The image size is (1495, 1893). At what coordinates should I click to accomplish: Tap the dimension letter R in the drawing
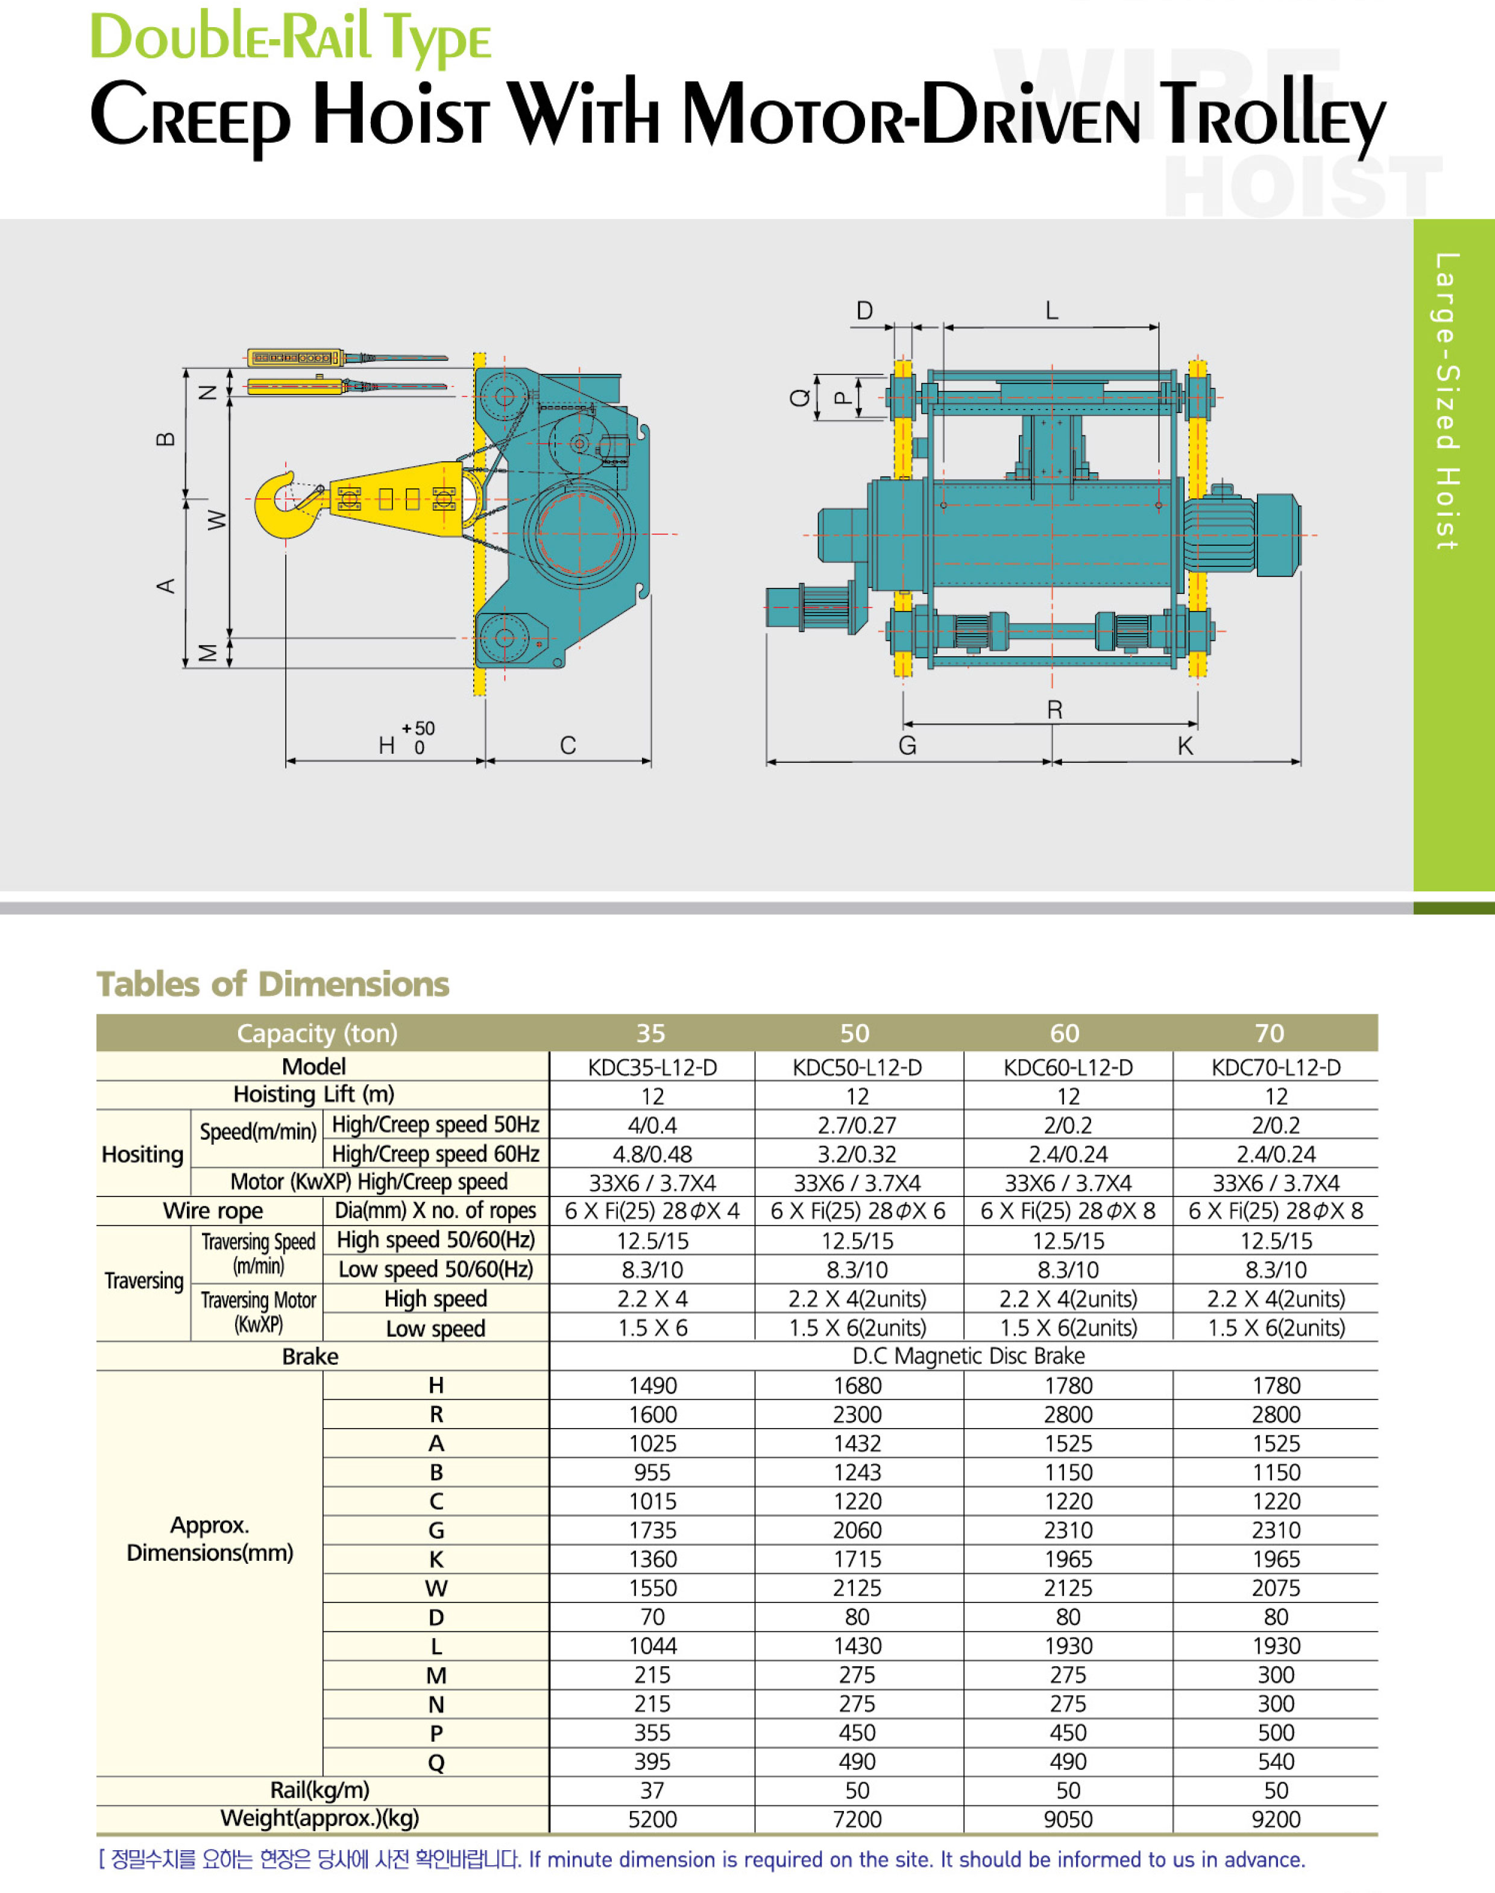coord(1055,709)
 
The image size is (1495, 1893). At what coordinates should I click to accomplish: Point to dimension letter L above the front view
coord(1052,310)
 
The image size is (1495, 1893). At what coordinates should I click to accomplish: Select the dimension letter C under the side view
coord(568,745)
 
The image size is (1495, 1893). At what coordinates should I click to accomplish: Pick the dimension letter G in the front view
coord(908,746)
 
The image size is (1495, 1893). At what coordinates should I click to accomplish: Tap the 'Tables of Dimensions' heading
coord(273,984)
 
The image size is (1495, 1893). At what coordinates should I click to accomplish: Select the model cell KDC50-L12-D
coord(857,1067)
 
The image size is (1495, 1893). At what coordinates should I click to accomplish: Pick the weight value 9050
coord(1068,1819)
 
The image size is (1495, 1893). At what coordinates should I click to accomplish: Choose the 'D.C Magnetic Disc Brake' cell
coord(968,1356)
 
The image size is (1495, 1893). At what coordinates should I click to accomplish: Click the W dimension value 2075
coord(1276,1588)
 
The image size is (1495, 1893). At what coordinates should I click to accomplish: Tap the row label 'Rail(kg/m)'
coord(319,1790)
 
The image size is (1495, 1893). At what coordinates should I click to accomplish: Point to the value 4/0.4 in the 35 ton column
coord(652,1125)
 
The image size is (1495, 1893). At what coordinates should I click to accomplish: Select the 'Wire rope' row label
coord(213,1211)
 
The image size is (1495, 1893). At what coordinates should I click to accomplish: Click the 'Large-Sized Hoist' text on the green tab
coord(1447,401)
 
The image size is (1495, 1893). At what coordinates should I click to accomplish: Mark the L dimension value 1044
coord(652,1646)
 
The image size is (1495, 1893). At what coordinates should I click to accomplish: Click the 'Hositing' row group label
coord(143,1155)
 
